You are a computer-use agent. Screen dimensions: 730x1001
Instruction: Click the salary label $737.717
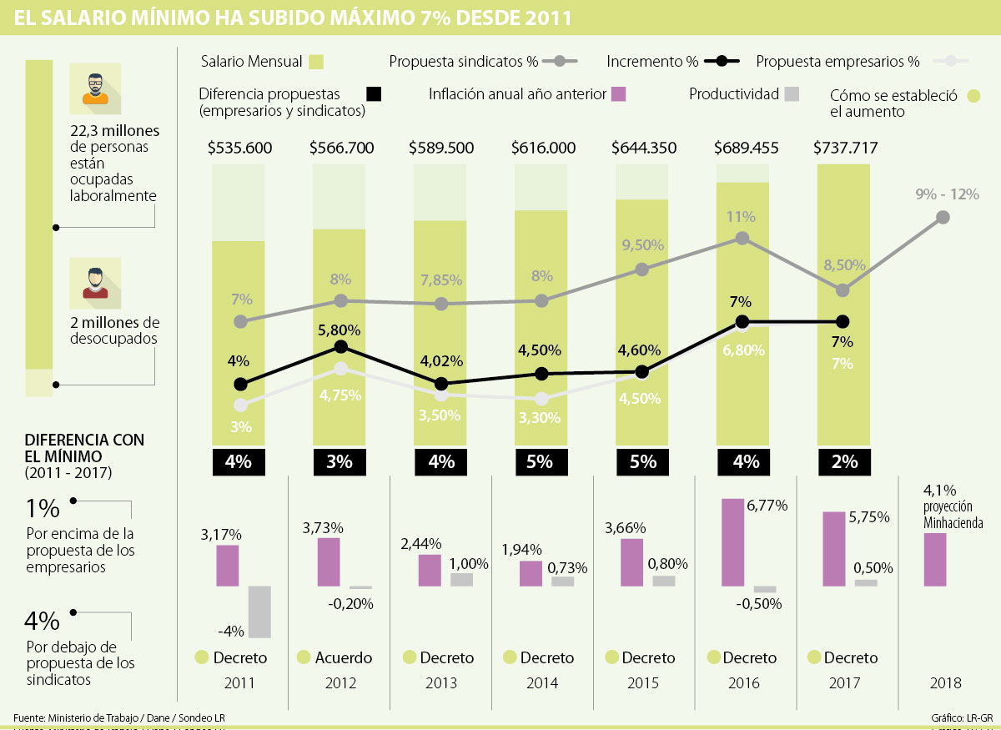click(x=845, y=148)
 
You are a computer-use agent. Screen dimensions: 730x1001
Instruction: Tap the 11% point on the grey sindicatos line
click(x=742, y=239)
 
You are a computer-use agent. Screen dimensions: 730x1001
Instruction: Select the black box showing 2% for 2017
click(x=845, y=461)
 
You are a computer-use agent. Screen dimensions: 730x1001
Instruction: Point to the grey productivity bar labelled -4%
click(x=259, y=612)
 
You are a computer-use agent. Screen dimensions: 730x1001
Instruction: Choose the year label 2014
click(x=542, y=683)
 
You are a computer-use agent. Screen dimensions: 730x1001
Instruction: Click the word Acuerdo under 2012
click(x=344, y=657)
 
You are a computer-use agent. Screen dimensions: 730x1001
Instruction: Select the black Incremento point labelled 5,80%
click(x=340, y=347)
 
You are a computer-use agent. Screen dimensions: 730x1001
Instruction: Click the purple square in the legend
click(x=618, y=93)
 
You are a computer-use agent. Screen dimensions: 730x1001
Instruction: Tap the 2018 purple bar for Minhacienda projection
click(x=935, y=559)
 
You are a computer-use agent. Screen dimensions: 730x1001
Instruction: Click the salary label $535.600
click(x=240, y=148)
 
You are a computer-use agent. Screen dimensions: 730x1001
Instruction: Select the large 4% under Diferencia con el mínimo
click(x=42, y=621)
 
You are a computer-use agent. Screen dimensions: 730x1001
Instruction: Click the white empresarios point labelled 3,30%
click(x=542, y=399)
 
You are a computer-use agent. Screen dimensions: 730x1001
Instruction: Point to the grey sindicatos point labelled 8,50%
click(x=843, y=290)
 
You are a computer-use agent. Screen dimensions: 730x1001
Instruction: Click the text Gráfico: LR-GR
click(x=961, y=717)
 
